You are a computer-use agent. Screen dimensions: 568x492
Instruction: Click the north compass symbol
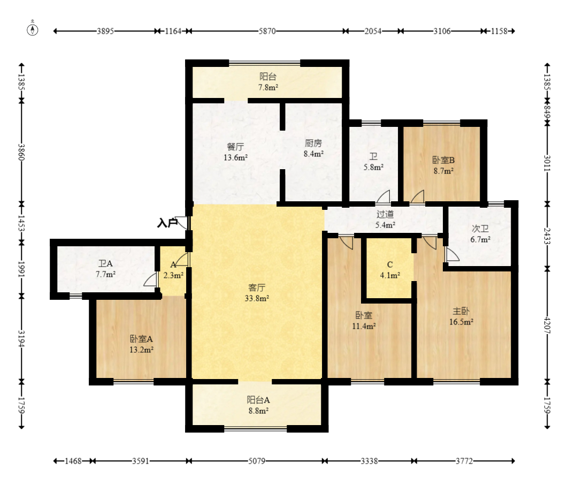(33, 29)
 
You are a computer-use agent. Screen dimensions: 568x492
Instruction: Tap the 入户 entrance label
(167, 223)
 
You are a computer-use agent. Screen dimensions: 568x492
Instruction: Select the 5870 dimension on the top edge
(267, 31)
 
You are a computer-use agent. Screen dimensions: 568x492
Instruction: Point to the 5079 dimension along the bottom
(257, 461)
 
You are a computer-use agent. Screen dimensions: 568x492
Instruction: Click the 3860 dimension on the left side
(22, 152)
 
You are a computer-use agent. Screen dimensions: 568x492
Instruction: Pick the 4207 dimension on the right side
(547, 326)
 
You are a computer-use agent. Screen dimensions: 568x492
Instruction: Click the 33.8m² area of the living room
(257, 298)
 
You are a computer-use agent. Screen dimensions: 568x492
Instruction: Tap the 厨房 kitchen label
(313, 143)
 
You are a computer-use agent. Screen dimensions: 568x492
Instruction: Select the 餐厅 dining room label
(235, 147)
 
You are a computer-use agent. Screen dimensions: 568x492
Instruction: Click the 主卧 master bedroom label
(461, 311)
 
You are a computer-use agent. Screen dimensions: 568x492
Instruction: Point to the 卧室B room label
(443, 160)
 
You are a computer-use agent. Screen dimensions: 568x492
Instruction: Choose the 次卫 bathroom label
(480, 229)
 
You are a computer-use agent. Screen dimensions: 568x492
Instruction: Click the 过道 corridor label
(385, 214)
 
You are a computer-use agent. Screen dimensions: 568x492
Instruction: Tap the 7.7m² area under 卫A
(105, 275)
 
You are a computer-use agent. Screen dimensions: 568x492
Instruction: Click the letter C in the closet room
(390, 264)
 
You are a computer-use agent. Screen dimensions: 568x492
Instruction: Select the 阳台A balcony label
(258, 400)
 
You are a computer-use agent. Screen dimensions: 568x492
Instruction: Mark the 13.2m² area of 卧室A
(141, 350)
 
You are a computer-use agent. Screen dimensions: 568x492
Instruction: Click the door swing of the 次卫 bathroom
(452, 254)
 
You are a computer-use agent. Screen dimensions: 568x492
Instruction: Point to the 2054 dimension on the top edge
(373, 31)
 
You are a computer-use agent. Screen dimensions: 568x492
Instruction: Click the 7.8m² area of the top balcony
(268, 87)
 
